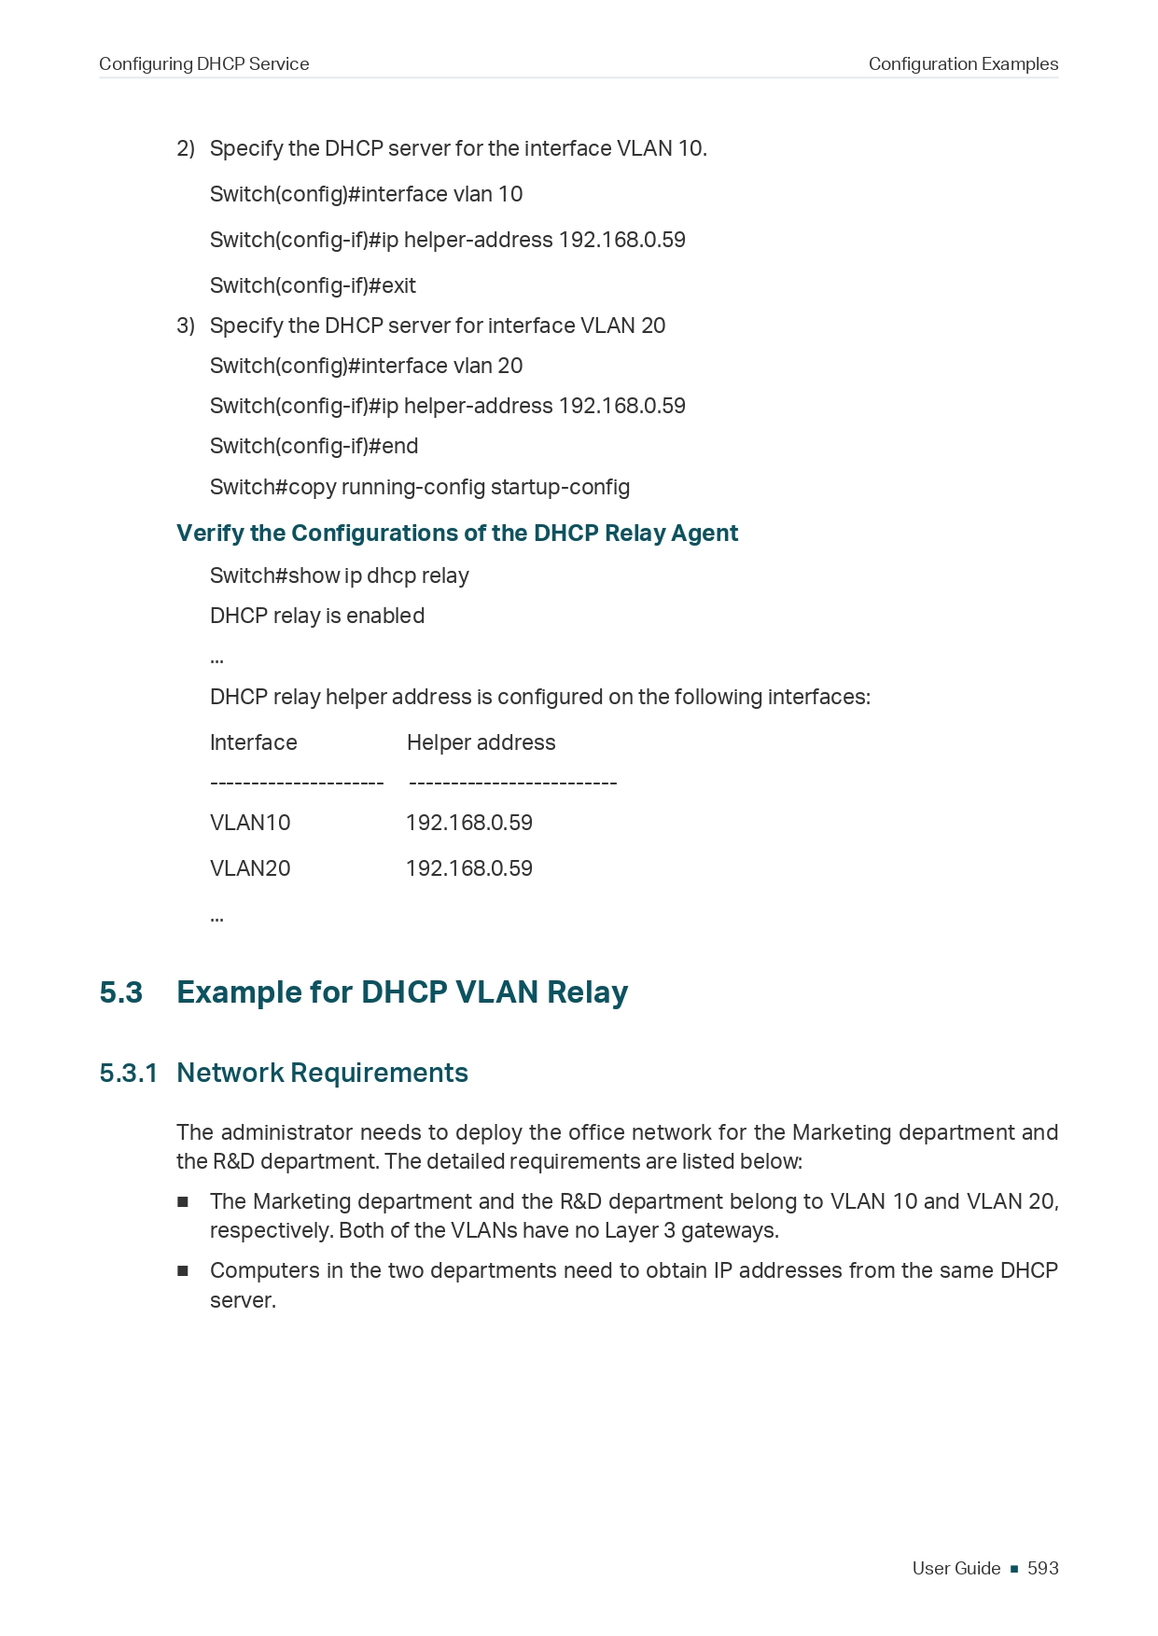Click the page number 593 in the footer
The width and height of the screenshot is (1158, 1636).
click(1042, 1568)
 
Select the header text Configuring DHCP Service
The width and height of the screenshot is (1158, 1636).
click(203, 63)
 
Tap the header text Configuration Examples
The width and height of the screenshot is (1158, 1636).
click(963, 63)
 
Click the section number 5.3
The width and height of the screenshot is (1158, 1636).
click(121, 991)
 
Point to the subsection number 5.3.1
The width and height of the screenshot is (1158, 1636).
click(129, 1073)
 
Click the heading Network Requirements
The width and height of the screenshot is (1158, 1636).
click(322, 1073)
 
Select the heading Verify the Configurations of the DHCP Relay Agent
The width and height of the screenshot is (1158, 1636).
click(457, 533)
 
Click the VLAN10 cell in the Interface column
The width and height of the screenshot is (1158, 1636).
click(250, 823)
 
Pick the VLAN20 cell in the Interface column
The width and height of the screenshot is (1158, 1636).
click(250, 868)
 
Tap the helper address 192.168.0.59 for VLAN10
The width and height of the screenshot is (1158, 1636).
click(469, 823)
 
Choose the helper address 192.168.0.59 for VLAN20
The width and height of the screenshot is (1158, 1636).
click(469, 868)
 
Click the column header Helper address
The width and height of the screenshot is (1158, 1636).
click(481, 742)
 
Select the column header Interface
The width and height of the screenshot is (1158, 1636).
click(254, 742)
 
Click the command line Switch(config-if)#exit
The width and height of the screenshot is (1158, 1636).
click(313, 285)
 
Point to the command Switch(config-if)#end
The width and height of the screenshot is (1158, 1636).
click(314, 446)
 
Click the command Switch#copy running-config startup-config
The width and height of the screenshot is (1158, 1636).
click(420, 487)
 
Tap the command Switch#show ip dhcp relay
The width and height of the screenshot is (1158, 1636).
click(340, 575)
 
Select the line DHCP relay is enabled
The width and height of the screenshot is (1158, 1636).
click(317, 616)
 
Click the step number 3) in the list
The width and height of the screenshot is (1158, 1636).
click(186, 326)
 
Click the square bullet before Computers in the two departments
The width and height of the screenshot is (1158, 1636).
click(183, 1270)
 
